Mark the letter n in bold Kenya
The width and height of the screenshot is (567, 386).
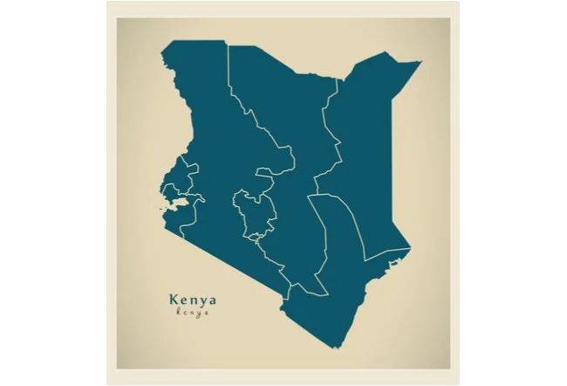point(193,300)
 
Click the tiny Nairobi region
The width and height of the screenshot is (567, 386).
point(256,236)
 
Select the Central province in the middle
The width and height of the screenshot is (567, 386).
point(255,210)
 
